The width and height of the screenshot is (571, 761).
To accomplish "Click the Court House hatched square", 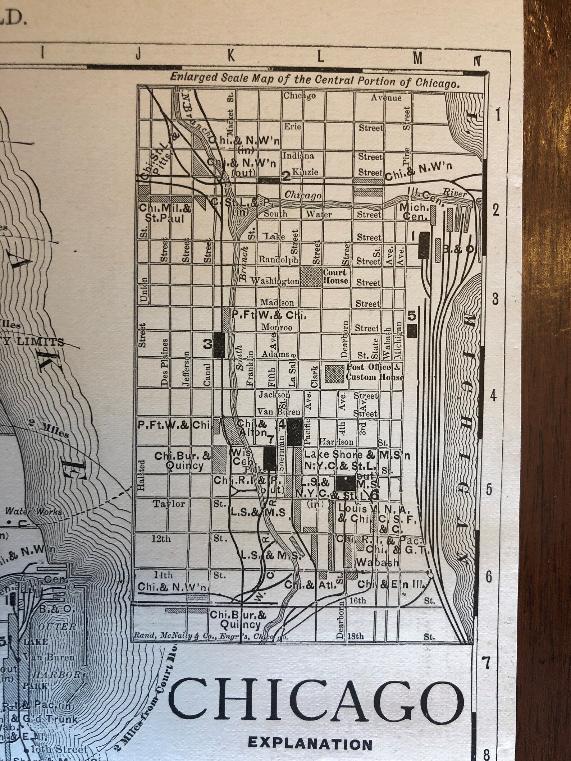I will pos(311,276).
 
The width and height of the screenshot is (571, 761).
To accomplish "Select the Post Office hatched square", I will pos(334,374).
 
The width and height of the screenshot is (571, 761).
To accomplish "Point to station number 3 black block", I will pos(219,344).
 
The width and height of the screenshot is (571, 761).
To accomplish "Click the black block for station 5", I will pos(412,330).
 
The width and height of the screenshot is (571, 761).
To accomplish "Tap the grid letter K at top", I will pos(230,56).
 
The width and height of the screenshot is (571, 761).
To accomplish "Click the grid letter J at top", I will pos(138,55).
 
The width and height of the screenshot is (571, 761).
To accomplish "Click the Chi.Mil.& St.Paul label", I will pos(165,213).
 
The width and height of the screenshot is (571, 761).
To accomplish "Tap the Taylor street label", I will pos(169,504).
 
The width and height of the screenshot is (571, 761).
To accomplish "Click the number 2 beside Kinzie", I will pos(286,176).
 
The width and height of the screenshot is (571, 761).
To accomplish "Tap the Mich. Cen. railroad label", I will pos(413,212).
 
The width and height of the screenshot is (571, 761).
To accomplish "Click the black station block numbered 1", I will pos(424,244).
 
